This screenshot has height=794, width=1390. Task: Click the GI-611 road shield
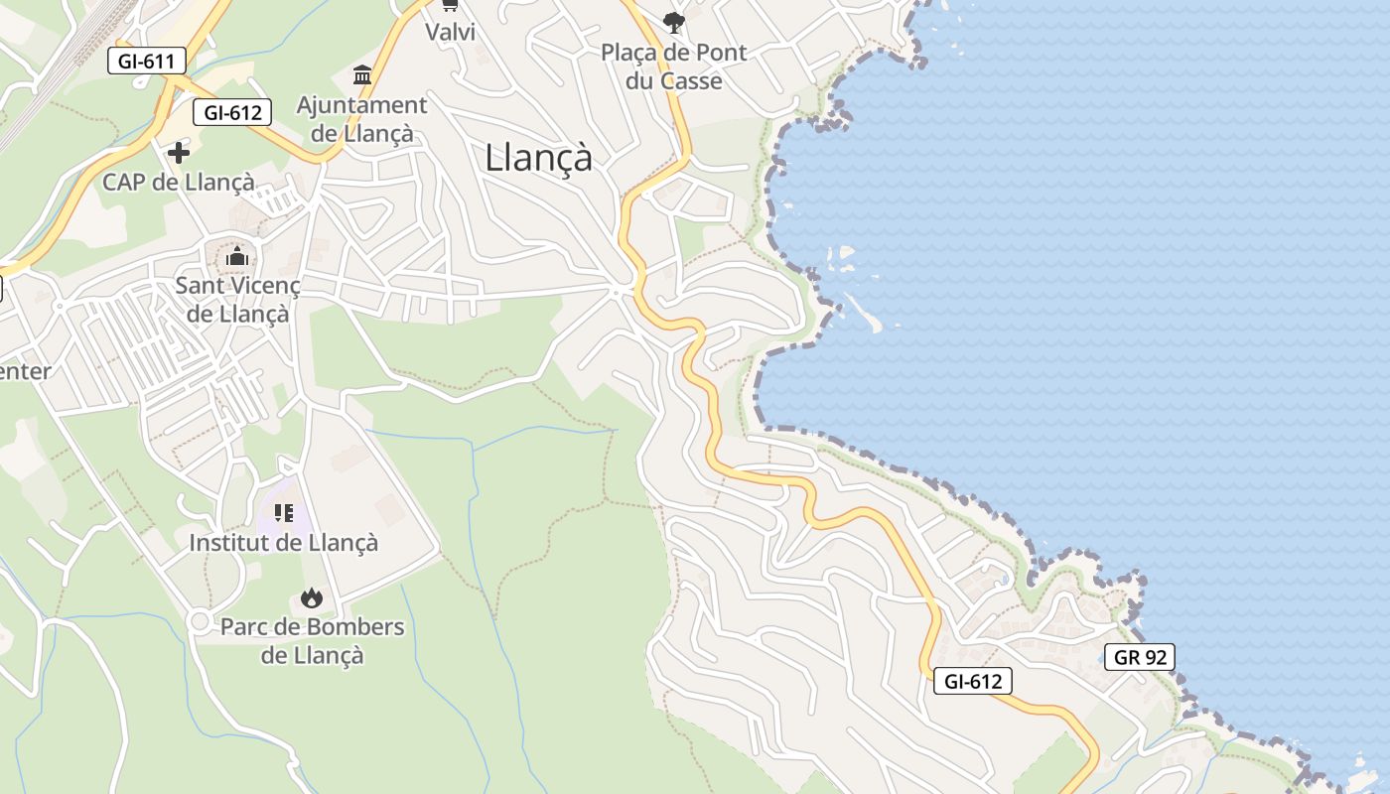146,61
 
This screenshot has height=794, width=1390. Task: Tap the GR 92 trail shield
1139,657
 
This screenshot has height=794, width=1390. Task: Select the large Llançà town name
538,158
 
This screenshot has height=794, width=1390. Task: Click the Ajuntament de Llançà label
362,119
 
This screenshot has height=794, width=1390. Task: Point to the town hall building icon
362,75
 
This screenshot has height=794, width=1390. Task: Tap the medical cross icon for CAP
179,153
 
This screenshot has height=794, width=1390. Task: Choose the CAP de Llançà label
179,183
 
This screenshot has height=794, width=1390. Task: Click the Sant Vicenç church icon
236,258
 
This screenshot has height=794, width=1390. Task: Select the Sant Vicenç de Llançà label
238,300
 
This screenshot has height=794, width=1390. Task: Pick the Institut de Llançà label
284,543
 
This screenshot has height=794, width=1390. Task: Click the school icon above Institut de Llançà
284,513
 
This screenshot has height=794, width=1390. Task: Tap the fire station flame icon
312,597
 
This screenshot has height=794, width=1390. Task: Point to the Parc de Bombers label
312,641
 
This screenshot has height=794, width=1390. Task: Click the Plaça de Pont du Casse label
674,66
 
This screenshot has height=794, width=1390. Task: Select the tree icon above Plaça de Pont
674,22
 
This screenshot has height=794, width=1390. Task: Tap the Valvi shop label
450,32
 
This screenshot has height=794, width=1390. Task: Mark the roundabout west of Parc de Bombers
200,622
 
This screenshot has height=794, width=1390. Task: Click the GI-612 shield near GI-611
232,112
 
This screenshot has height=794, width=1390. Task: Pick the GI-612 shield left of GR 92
972,681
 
